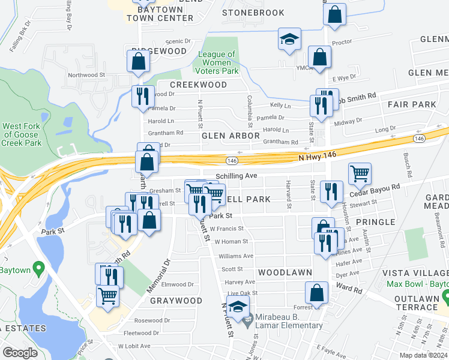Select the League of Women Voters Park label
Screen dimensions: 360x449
click(x=218, y=62)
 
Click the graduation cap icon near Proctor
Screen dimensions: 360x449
click(x=289, y=39)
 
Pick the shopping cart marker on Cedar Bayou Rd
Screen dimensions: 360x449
click(x=360, y=174)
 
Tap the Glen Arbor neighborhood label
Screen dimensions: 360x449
click(x=231, y=136)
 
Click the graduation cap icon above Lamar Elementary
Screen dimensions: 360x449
click(x=238, y=307)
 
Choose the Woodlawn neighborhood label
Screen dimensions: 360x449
click(x=285, y=272)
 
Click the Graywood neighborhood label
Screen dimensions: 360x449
click(x=176, y=300)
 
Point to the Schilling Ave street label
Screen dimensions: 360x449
click(x=236, y=175)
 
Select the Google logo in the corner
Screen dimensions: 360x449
click(x=20, y=353)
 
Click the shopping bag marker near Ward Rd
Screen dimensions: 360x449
click(x=316, y=293)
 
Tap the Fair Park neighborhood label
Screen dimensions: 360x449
click(x=412, y=104)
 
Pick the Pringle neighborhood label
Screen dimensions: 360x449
click(x=375, y=222)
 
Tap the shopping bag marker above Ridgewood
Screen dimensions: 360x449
click(x=139, y=61)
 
